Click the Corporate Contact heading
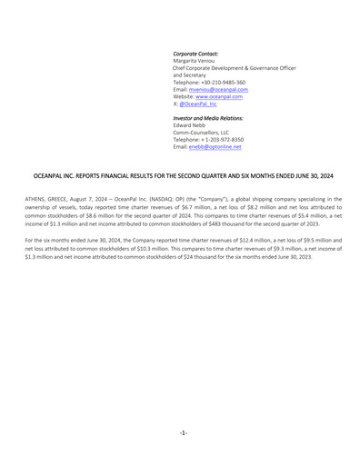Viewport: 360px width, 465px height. click(x=195, y=54)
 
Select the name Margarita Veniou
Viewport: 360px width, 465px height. click(x=196, y=61)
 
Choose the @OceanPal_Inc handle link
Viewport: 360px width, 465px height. click(x=200, y=104)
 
